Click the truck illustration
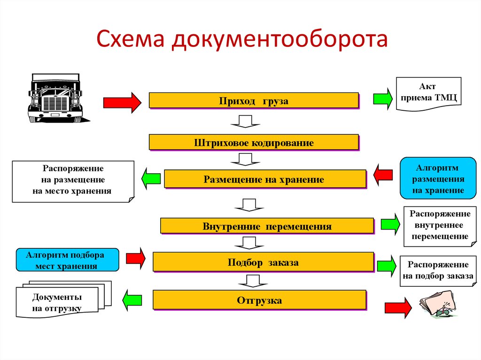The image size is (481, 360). (x=55, y=98)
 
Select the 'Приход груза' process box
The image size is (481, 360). (x=254, y=100)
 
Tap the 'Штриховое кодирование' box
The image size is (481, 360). (x=254, y=142)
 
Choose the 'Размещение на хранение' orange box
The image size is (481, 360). (x=264, y=179)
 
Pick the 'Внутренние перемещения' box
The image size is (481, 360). (x=267, y=226)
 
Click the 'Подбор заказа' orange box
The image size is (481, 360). (x=263, y=262)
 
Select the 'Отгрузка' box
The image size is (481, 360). (x=259, y=300)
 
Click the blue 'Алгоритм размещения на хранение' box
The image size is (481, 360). (x=438, y=179)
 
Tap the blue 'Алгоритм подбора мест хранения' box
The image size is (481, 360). (x=67, y=260)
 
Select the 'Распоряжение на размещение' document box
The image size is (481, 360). (x=73, y=180)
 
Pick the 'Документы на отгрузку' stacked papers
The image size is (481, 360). (x=58, y=302)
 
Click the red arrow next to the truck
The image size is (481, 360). (x=122, y=102)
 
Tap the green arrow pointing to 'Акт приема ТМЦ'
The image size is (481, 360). (x=383, y=99)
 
